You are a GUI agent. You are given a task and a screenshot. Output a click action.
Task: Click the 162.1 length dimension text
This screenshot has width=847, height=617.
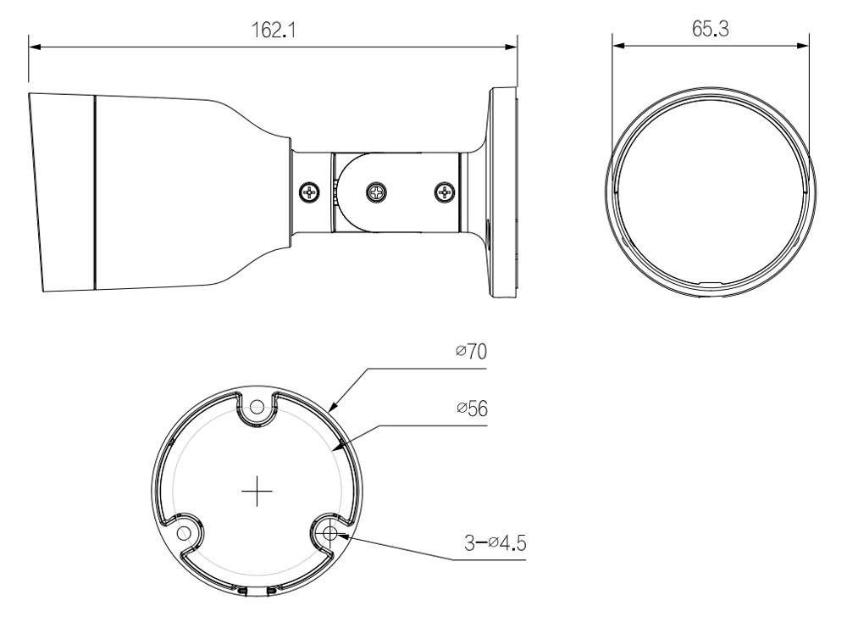[274, 30]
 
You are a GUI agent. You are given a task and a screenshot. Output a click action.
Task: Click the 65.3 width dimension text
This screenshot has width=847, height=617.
[711, 29]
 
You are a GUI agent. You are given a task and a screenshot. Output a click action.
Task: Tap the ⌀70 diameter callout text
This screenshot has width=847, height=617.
[471, 351]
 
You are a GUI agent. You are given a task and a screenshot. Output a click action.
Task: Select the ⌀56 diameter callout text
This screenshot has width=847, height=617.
[472, 409]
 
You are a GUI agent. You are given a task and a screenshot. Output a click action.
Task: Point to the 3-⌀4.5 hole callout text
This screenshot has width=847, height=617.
[495, 542]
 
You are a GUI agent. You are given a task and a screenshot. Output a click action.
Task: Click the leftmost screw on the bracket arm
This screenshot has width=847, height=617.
[309, 192]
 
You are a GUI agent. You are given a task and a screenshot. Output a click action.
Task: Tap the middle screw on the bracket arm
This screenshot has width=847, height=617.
[377, 192]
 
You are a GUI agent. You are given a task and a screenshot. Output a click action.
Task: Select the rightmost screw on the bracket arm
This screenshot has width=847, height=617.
[446, 192]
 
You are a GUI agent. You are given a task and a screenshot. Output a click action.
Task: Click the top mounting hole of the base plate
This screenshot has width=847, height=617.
[257, 407]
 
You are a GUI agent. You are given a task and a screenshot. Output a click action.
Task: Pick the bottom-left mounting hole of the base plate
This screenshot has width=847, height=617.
[184, 533]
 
